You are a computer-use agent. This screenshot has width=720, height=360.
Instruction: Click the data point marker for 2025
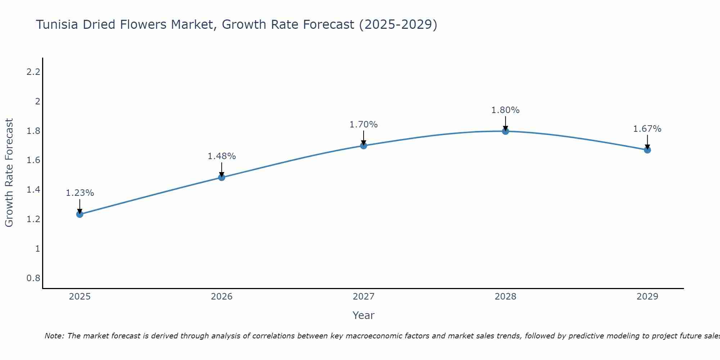click(x=80, y=214)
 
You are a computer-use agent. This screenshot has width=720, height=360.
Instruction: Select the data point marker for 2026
click(x=222, y=177)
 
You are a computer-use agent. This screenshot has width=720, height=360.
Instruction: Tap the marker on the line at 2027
click(x=364, y=145)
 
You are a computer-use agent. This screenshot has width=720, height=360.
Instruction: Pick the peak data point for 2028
click(x=505, y=131)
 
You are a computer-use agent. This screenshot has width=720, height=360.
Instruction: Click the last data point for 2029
click(x=647, y=150)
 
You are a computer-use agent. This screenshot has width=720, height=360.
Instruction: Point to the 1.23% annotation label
click(x=80, y=193)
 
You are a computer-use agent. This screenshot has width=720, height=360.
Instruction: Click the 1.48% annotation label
click(x=222, y=156)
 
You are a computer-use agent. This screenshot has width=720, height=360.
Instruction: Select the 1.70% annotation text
click(x=364, y=125)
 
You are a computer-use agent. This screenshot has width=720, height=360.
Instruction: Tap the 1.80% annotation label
click(x=505, y=110)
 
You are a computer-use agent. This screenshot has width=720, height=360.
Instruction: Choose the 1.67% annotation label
click(x=647, y=129)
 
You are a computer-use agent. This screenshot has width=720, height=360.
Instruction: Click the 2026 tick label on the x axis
click(x=222, y=297)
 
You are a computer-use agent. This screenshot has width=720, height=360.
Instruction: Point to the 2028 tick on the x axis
click(x=505, y=297)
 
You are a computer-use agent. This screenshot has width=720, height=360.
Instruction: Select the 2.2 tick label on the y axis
click(x=33, y=72)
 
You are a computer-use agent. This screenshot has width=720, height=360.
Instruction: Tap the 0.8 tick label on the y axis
click(x=33, y=278)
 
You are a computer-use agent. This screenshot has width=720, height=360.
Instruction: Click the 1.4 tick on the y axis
click(x=33, y=190)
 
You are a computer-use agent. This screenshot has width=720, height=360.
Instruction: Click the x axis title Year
click(x=364, y=315)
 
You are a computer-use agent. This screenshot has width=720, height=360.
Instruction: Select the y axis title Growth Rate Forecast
click(x=9, y=173)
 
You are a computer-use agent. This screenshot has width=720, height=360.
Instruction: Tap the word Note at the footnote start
click(x=54, y=336)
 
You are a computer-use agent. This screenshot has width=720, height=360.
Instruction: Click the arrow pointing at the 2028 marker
click(x=505, y=123)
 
